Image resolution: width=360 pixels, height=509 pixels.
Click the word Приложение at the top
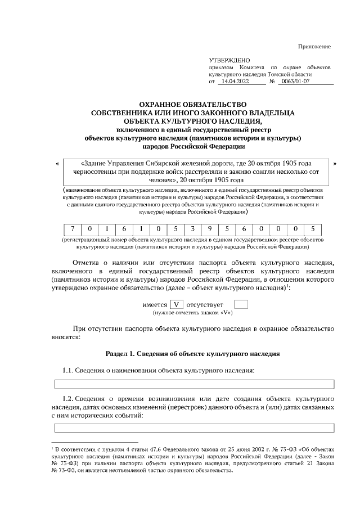[314, 46]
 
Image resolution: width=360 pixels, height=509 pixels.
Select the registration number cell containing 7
[73, 229]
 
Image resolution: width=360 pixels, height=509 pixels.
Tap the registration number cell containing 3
[192, 229]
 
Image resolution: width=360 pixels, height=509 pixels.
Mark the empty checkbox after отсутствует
[240, 304]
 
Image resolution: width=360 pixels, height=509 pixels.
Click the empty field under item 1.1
[194, 384]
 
